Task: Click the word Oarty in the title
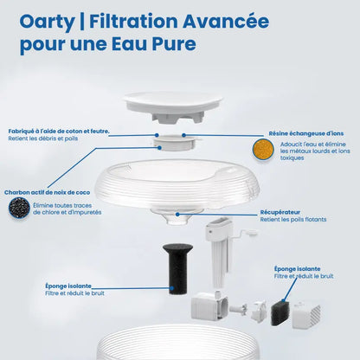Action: (47, 22)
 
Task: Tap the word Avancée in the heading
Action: (226, 21)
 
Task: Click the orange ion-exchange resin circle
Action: (263, 149)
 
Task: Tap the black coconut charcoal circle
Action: (19, 207)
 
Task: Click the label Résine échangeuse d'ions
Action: (306, 133)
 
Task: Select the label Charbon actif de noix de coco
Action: (47, 192)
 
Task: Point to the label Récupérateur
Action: (280, 212)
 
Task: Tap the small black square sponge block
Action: (280, 312)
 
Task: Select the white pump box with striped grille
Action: (306, 315)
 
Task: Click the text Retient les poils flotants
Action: (293, 220)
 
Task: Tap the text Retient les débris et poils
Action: (43, 138)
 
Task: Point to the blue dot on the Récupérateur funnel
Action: (177, 215)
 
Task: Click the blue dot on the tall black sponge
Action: (171, 288)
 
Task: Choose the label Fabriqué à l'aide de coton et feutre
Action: (59, 132)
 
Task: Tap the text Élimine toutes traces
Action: (62, 206)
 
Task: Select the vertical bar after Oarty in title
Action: (81, 22)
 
